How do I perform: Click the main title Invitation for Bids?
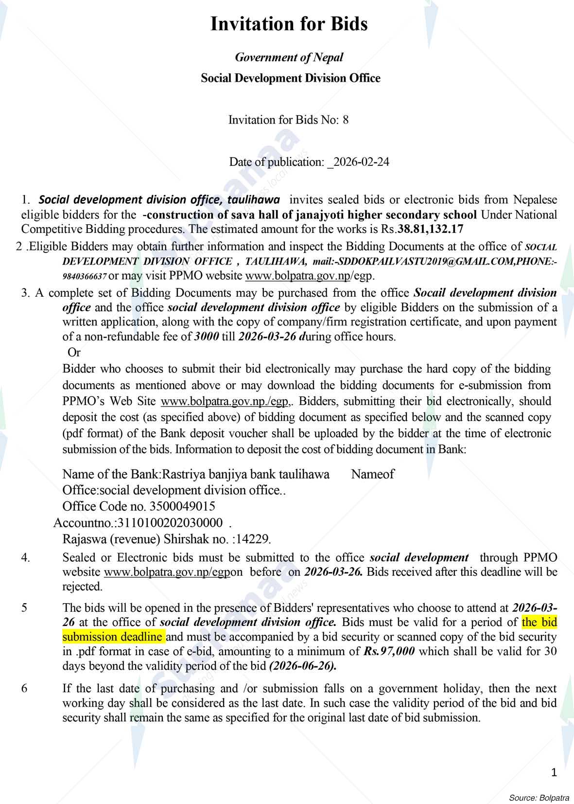(x=289, y=24)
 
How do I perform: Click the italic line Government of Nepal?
(x=289, y=57)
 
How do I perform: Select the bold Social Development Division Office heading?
(x=290, y=78)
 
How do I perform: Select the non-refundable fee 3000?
(x=206, y=337)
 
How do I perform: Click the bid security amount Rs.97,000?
(x=389, y=651)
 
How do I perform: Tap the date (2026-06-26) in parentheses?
(x=303, y=666)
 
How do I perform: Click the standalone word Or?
(x=74, y=352)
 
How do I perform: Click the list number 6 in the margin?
(x=25, y=688)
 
